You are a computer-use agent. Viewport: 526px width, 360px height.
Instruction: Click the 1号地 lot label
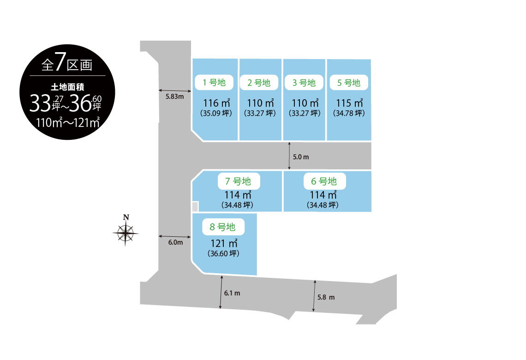click(214, 83)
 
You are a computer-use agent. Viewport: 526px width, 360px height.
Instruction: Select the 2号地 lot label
click(259, 83)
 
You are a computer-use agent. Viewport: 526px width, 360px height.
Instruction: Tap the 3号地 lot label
click(304, 83)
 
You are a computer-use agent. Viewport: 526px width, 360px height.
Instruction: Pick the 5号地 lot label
click(349, 83)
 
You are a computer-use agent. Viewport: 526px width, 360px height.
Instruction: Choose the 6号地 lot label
click(324, 181)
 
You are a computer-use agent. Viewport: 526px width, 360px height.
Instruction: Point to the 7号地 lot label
click(239, 181)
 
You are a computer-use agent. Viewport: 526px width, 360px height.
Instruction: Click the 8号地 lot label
click(223, 227)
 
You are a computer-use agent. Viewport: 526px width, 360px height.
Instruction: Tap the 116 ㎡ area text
click(217, 102)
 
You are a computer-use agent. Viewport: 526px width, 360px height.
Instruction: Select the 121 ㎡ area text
click(224, 243)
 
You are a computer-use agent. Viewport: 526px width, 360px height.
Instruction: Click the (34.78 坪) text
click(349, 114)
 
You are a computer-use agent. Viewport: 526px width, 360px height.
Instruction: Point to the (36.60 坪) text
click(223, 254)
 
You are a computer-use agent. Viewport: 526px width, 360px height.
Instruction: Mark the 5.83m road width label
click(175, 96)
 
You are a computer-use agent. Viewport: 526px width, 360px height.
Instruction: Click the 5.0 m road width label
click(301, 157)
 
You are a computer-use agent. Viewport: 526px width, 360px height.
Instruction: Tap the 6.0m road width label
click(175, 242)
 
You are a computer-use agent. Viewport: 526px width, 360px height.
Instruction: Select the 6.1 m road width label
click(232, 293)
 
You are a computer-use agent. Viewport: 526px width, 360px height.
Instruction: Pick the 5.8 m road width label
click(326, 297)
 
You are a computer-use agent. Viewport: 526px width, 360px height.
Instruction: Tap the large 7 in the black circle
click(60, 62)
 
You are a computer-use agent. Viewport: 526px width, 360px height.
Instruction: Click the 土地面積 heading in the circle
click(67, 87)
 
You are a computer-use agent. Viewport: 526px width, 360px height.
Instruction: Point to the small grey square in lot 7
click(195, 206)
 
